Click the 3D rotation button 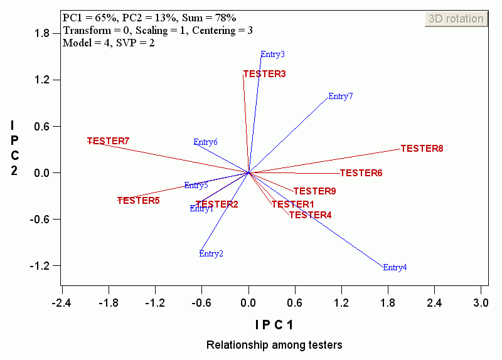[456, 19]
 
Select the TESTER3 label [265, 74]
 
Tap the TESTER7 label [109, 141]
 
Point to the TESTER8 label [422, 149]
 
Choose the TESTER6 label [361, 173]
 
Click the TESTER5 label [139, 201]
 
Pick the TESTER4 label [311, 215]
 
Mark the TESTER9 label [315, 191]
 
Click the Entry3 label [273, 55]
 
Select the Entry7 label [341, 97]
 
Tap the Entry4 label [395, 268]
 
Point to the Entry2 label [211, 254]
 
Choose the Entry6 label [206, 142]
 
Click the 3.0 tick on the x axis [481, 304]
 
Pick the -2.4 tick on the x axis [61, 304]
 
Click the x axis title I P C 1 [274, 325]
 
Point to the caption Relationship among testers [274, 345]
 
